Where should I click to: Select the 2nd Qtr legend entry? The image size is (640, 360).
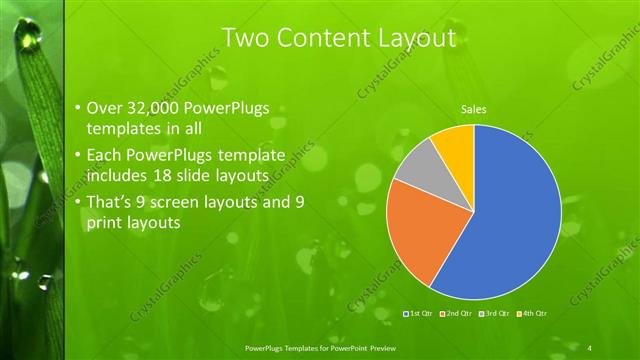456,314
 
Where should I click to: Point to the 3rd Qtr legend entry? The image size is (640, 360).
495,314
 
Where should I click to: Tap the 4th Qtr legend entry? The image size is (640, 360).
533,314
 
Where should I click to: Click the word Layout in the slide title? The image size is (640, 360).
411,38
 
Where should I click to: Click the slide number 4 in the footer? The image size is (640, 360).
590,347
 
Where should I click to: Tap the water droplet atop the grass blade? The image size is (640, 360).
30,38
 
